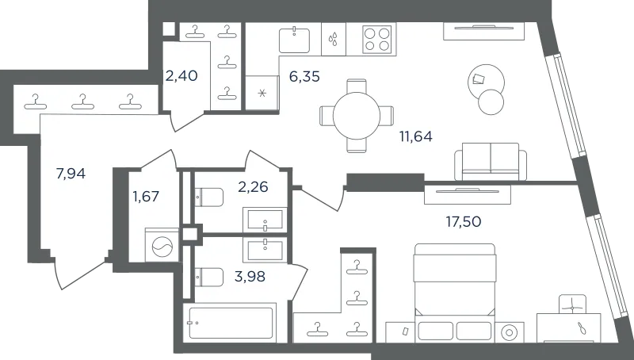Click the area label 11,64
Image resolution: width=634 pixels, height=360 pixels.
(416, 136)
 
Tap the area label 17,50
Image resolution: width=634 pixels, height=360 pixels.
(464, 222)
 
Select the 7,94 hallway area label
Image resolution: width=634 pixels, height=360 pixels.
(71, 174)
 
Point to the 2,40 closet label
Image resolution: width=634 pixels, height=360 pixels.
(181, 75)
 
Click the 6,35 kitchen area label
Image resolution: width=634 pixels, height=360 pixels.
(304, 76)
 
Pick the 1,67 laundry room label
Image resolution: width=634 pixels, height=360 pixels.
(146, 197)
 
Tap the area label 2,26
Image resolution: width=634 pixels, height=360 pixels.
(253, 187)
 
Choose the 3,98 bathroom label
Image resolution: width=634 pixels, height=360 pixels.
(250, 277)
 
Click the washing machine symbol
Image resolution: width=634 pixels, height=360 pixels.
(162, 245)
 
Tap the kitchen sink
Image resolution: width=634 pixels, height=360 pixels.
(294, 40)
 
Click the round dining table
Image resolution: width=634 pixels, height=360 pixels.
(357, 116)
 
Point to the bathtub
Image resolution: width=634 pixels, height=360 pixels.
(231, 324)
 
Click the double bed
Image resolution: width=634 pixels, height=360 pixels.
(454, 291)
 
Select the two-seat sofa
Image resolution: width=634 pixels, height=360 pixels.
(491, 162)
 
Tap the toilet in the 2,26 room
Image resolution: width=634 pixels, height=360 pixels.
(209, 197)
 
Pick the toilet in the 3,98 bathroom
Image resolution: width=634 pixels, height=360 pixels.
(209, 277)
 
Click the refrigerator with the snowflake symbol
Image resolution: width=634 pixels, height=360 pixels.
(262, 93)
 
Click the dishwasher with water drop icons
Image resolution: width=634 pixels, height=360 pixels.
(334, 39)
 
